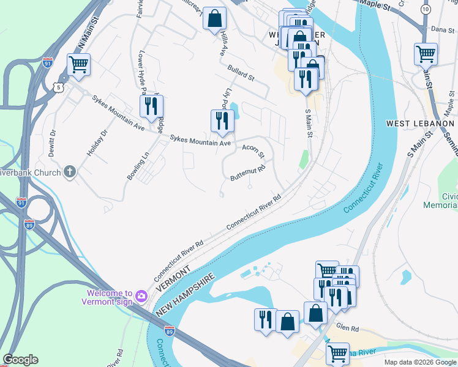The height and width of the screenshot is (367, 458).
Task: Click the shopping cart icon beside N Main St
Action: pyautogui.click(x=78, y=64)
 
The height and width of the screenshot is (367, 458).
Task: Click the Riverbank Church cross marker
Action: pyautogui.click(x=70, y=172)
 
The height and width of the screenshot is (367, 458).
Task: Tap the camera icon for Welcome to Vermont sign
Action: pyautogui.click(x=141, y=296)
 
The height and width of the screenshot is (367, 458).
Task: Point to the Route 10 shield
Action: pyautogui.click(x=426, y=10)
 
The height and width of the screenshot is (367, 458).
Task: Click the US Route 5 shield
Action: pyautogui.click(x=58, y=88)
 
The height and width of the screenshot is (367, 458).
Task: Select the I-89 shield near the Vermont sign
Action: pyautogui.click(x=170, y=331)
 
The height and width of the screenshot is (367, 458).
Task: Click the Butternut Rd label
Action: pyautogui.click(x=247, y=172)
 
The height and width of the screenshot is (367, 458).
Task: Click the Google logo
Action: pyautogui.click(x=20, y=360)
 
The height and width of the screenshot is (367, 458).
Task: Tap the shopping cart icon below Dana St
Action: pyautogui.click(x=426, y=53)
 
